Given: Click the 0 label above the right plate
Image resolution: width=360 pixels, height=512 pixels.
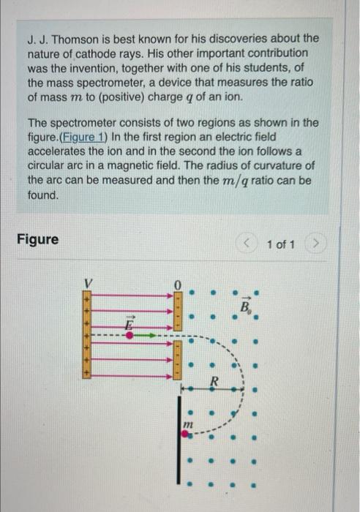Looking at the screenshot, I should pos(176,282).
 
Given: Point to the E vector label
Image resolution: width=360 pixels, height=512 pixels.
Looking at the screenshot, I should pos(129,322).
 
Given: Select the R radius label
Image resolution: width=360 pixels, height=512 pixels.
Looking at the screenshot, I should pos(214,380).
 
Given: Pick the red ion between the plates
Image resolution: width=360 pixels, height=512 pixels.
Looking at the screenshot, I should pos(130,335).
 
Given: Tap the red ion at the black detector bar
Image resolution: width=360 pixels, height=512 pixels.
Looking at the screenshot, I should pos(186,433).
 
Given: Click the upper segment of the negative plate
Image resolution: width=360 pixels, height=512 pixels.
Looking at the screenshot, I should pos(176,310).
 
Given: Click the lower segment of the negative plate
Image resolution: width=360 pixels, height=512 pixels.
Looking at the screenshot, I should pos(176,361).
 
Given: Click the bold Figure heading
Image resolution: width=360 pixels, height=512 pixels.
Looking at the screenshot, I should pos(37,239).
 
